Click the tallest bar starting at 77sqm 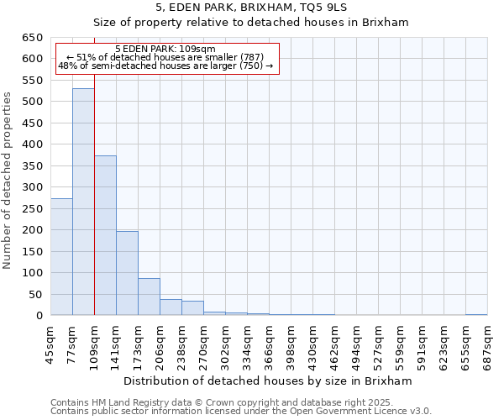coord(83,202)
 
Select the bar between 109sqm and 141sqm coord(105,235)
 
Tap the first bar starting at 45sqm coord(61,256)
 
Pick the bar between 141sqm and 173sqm coord(127,273)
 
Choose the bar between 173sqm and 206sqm coord(149,297)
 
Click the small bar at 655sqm coord(476,314)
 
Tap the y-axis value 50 coord(35,294)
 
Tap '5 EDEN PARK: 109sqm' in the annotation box coord(165,50)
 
